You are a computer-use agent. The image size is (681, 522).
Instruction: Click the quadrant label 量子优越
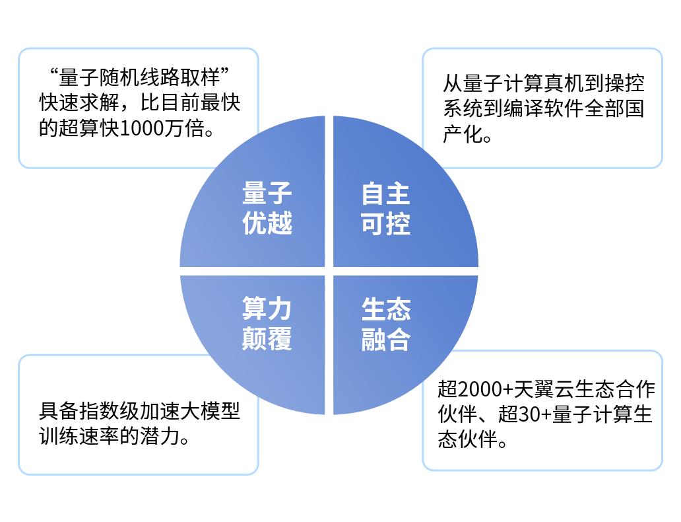(267, 208)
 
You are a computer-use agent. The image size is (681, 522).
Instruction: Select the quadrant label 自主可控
(385, 208)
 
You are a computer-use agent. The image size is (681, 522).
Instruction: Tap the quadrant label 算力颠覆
(267, 324)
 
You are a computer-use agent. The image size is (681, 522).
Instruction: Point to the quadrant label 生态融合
(385, 324)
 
